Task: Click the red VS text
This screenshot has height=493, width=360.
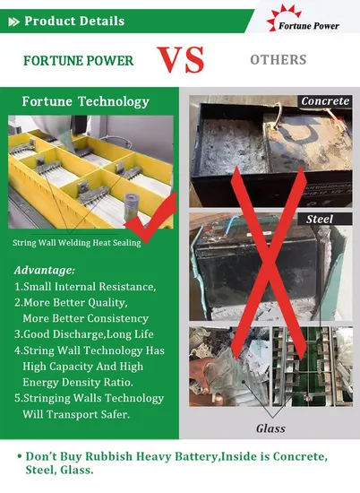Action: click(181, 60)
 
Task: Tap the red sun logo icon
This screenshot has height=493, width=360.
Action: click(283, 17)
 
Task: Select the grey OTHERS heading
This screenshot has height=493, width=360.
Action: click(279, 60)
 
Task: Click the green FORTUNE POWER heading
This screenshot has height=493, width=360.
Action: click(79, 61)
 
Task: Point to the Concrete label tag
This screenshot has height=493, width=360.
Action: click(325, 101)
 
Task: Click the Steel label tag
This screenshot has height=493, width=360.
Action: click(320, 219)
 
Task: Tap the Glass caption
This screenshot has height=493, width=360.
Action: click(270, 428)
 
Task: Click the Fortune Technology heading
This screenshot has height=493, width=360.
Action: click(85, 101)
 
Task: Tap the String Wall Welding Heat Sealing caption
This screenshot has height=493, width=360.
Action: click(77, 243)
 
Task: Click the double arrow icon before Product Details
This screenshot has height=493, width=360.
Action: click(13, 22)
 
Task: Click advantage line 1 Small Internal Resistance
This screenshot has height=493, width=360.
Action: click(85, 287)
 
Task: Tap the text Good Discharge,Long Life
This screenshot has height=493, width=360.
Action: click(84, 334)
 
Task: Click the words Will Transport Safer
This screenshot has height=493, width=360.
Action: click(76, 414)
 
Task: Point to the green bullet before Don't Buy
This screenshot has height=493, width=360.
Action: click(20, 456)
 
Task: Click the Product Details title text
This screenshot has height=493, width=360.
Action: click(74, 22)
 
